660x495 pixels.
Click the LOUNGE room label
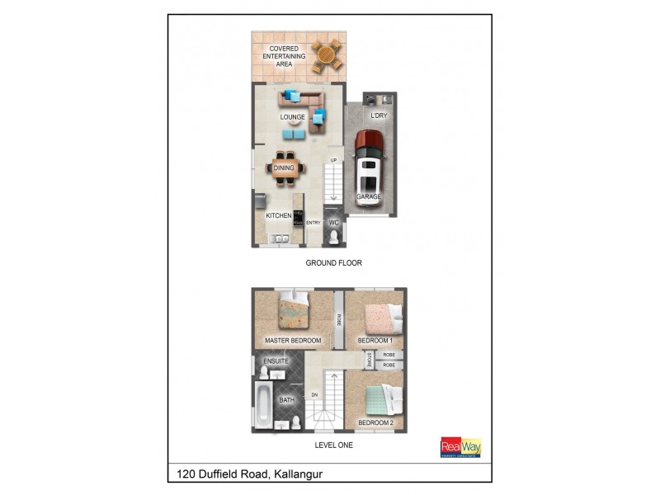point(293,117)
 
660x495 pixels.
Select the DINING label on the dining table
point(284,168)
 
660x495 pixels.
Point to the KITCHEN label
point(278,215)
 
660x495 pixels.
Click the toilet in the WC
point(334,238)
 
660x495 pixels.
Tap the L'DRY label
point(379,115)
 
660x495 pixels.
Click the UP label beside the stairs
point(333,160)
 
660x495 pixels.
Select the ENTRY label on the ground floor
point(313,223)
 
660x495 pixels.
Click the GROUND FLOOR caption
point(333,263)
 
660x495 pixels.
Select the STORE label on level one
point(370,360)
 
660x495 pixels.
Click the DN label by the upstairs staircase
point(314,395)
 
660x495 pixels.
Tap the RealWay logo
point(461,446)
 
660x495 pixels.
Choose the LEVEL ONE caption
point(334,445)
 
